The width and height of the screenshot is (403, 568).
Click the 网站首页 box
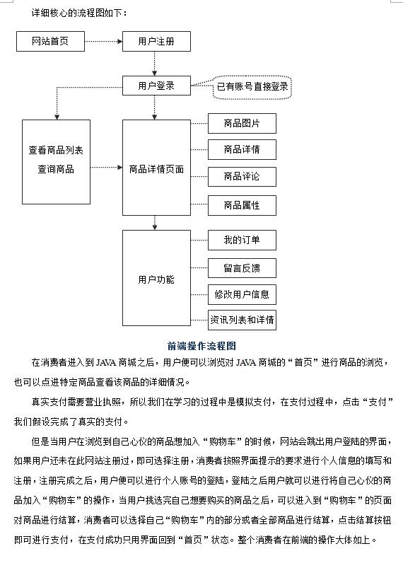pyautogui.click(x=50, y=42)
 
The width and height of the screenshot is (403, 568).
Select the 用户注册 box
pyautogui.click(x=156, y=42)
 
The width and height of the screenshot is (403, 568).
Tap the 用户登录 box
pyautogui.click(x=156, y=86)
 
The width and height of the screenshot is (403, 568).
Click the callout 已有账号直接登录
pyautogui.click(x=252, y=87)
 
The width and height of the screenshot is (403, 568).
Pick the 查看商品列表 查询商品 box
pyautogui.click(x=56, y=161)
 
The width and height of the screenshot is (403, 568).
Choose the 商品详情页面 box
pyautogui.click(x=156, y=168)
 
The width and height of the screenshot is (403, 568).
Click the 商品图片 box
pyautogui.click(x=242, y=124)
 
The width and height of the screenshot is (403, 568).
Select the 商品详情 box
pyautogui.click(x=242, y=150)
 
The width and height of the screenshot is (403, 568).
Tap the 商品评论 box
pyautogui.click(x=242, y=177)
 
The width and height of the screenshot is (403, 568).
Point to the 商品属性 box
pyautogui.click(x=242, y=205)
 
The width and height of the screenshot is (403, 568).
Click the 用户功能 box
pyautogui.click(x=156, y=279)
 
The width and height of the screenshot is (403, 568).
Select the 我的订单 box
pyautogui.click(x=242, y=240)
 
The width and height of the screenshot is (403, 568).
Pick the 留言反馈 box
pyautogui.click(x=242, y=268)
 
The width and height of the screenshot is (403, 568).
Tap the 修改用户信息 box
pyautogui.click(x=242, y=294)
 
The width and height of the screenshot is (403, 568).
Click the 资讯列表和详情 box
pyautogui.click(x=242, y=320)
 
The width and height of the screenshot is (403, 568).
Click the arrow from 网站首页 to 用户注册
pyautogui.click(x=103, y=42)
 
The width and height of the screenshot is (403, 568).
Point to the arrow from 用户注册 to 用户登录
pyautogui.click(x=155, y=64)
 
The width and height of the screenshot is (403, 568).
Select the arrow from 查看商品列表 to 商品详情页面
pyautogui.click(x=106, y=168)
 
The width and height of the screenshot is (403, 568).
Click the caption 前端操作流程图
pyautogui.click(x=201, y=345)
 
